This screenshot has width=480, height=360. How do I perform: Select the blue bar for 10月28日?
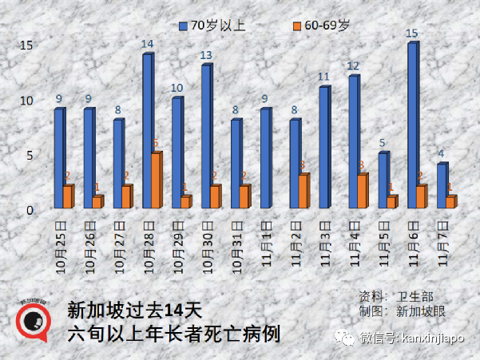[147, 131]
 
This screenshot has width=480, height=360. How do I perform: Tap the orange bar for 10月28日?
[157, 180]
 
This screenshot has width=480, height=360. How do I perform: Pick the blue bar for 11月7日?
[442, 186]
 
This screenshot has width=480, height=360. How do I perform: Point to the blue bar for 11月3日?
[324, 148]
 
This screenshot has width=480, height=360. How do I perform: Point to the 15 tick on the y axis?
[26, 45]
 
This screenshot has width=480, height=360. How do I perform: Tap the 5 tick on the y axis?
[29, 156]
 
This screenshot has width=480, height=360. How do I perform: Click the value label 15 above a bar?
[412, 34]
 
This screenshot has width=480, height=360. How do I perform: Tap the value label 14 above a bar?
[147, 45]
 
